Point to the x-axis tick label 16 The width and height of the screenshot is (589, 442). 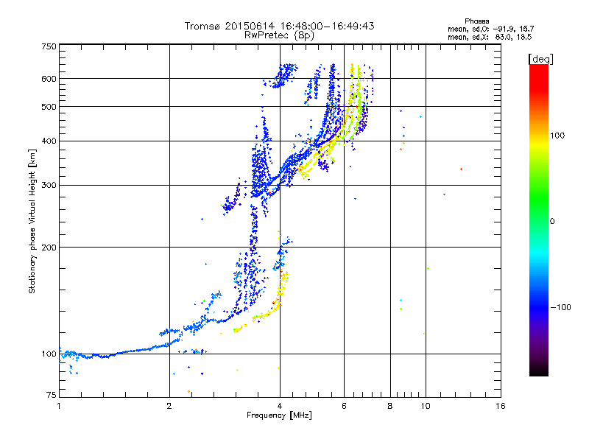point(500,407)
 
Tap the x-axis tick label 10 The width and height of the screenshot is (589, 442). point(425,407)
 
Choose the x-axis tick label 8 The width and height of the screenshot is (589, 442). point(390,407)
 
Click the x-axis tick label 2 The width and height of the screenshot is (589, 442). point(169,407)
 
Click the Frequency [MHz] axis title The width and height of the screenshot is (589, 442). point(279,415)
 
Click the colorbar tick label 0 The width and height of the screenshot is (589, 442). point(552,221)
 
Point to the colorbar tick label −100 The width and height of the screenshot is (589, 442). point(561,306)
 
